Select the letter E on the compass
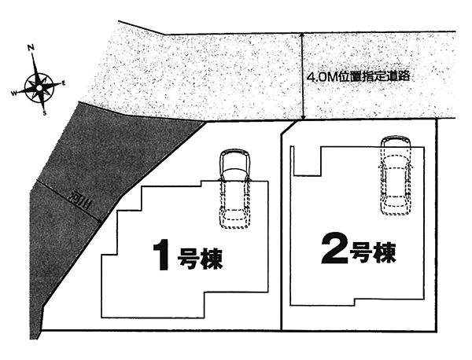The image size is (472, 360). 64,82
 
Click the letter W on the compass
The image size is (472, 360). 13,93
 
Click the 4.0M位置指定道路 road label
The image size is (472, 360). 360,78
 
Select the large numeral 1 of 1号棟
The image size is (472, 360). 162,255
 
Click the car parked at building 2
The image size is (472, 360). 395,174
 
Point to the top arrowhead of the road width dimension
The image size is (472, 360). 304,36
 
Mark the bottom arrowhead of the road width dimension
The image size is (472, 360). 304,118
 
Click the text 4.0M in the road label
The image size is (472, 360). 322,78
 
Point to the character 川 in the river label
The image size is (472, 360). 86,205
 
